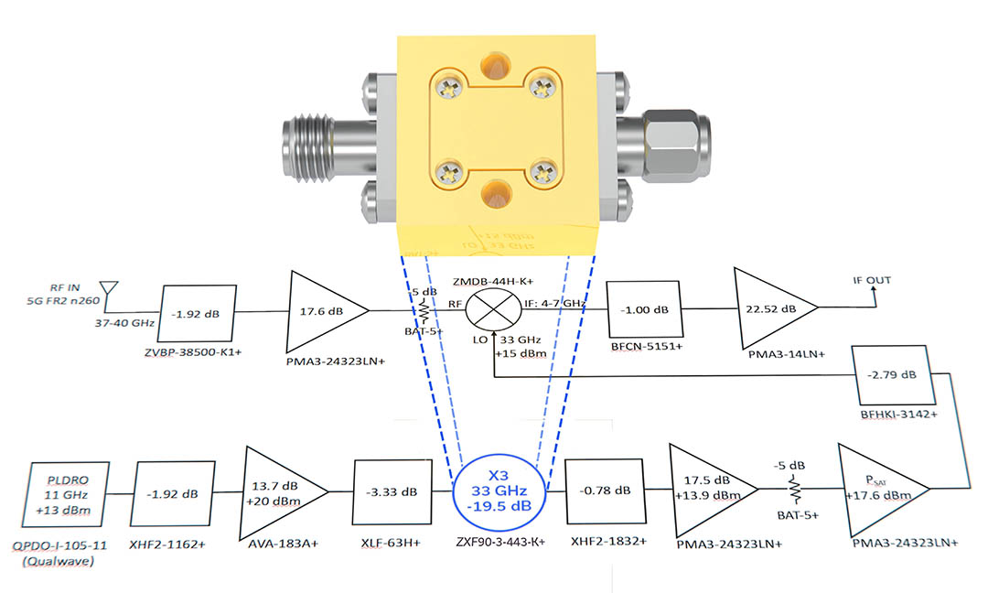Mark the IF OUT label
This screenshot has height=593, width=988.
(x=873, y=280)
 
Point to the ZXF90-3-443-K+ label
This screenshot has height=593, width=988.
(x=499, y=543)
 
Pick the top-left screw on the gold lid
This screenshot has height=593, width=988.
(x=446, y=89)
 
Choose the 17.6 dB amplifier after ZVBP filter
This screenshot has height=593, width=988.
(x=322, y=309)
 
